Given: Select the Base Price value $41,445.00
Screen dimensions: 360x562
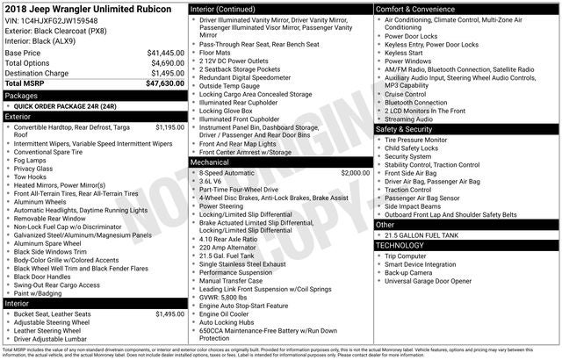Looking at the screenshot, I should point(165,53).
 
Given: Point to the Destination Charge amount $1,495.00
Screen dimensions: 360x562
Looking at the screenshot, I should point(166,73).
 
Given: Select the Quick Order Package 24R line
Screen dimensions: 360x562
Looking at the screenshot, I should point(72,105).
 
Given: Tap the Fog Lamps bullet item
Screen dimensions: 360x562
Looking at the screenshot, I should point(32,160).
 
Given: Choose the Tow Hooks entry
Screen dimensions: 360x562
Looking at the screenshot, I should point(33,176).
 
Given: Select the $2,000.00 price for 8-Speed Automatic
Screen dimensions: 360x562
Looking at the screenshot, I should point(356,173).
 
